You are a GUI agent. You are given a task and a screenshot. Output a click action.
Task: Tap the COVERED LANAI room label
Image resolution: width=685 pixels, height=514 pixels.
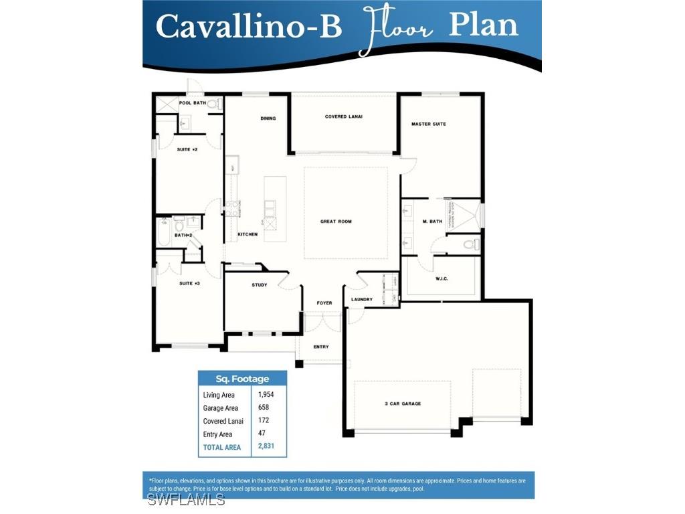point(344,116)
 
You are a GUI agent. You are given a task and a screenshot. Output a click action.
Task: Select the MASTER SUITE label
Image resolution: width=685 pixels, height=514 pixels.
point(429,124)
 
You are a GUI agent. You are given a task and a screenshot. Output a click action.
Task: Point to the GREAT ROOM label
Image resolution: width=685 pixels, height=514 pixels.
point(336,222)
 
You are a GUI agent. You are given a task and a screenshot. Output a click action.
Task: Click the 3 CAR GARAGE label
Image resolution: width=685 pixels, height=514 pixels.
point(403,404)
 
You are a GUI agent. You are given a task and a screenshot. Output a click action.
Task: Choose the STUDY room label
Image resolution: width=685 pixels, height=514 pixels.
point(260,285)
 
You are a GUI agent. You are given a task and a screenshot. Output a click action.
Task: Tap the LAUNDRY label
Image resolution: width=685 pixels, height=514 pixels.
point(361,299)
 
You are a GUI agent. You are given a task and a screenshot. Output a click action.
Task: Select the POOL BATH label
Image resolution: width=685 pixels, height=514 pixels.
point(192,103)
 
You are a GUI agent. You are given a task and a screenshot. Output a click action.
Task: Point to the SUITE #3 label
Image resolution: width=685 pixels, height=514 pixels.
point(189,284)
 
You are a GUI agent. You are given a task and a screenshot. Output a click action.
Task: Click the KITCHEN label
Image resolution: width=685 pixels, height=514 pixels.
point(248,234)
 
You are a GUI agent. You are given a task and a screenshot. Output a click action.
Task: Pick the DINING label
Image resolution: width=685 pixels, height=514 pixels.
point(268,118)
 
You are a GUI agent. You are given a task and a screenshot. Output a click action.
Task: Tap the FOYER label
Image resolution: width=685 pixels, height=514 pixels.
point(324,303)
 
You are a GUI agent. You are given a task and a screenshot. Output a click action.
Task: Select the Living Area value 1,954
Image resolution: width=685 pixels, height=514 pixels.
point(266,394)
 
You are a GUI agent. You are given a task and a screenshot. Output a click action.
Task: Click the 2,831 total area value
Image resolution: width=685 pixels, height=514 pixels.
point(266,446)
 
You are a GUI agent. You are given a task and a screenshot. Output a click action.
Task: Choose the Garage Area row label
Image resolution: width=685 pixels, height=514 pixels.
point(220,408)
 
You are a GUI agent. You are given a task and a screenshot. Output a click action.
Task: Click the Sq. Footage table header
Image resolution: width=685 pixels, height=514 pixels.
point(242,379)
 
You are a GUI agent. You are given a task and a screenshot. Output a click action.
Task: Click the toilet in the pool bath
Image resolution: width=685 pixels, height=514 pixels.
point(213,104)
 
